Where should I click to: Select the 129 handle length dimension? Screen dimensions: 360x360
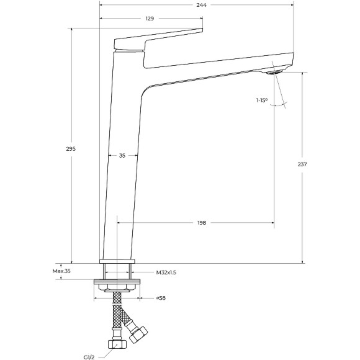click(x=150, y=19)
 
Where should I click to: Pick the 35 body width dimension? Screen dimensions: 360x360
click(x=122, y=156)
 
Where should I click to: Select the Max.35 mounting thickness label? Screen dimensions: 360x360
click(x=62, y=271)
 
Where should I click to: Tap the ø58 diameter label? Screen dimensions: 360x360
click(x=160, y=299)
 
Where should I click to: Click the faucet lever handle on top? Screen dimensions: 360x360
click(x=158, y=38)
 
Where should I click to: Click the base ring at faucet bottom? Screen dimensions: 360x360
click(x=117, y=261)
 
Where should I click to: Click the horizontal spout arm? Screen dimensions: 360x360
click(x=217, y=67)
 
